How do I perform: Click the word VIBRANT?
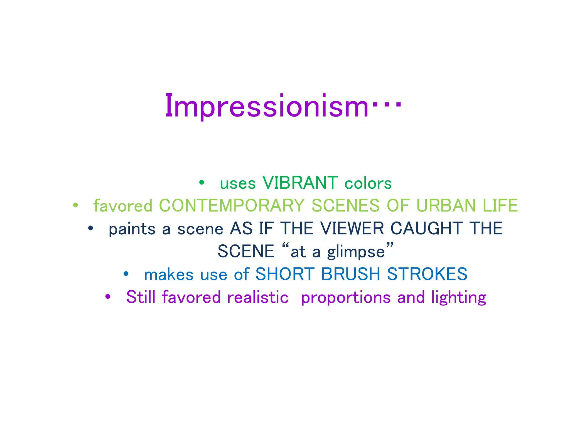click(x=300, y=183)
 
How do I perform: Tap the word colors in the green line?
click(x=368, y=184)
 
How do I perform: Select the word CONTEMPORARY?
click(x=232, y=206)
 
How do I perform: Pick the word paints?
click(x=132, y=229)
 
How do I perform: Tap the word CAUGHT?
click(x=426, y=228)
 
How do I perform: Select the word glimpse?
click(x=356, y=252)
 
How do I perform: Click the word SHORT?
click(x=285, y=274)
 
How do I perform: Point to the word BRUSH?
click(x=350, y=274)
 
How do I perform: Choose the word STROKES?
click(x=427, y=274)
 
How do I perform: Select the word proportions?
click(x=346, y=298)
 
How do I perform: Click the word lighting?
click(x=458, y=298)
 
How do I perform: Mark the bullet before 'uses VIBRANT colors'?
click(x=202, y=183)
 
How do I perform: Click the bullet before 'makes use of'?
click(x=126, y=274)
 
